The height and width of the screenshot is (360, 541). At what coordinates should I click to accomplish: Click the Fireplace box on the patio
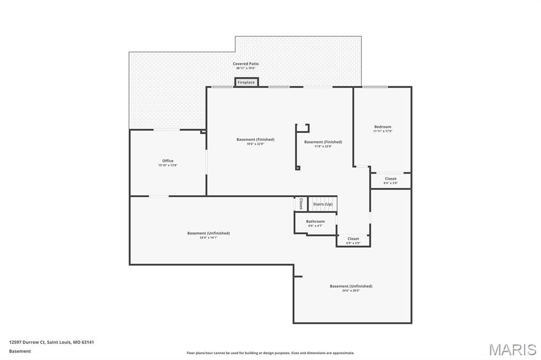click(246, 82)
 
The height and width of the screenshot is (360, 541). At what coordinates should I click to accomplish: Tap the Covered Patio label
click(246, 64)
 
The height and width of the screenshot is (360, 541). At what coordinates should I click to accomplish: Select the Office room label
click(167, 161)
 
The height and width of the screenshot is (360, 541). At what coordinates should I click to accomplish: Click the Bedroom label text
click(383, 127)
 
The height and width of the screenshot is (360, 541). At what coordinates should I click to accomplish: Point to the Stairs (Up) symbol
click(323, 204)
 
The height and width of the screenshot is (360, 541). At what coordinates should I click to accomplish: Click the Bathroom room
click(315, 222)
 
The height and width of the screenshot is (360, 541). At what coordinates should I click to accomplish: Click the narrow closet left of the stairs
click(301, 203)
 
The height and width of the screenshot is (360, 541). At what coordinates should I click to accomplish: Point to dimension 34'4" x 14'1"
click(208, 238)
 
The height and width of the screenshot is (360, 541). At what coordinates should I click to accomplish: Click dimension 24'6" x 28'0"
click(351, 291)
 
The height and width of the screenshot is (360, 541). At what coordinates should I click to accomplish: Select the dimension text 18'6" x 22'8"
click(255, 144)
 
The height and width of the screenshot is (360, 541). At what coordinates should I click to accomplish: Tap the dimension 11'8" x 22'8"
click(323, 146)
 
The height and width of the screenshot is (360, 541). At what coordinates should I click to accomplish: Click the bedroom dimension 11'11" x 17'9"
click(383, 131)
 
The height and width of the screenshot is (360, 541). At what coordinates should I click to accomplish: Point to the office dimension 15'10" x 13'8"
click(167, 165)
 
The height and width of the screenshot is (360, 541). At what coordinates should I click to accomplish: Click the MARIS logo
click(512, 349)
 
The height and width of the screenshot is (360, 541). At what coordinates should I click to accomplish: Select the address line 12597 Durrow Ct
click(51, 342)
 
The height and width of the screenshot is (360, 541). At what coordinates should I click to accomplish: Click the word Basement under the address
click(20, 351)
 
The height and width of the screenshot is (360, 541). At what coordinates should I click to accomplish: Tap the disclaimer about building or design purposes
click(270, 353)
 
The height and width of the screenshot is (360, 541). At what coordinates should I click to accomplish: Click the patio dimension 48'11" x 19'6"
click(246, 68)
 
